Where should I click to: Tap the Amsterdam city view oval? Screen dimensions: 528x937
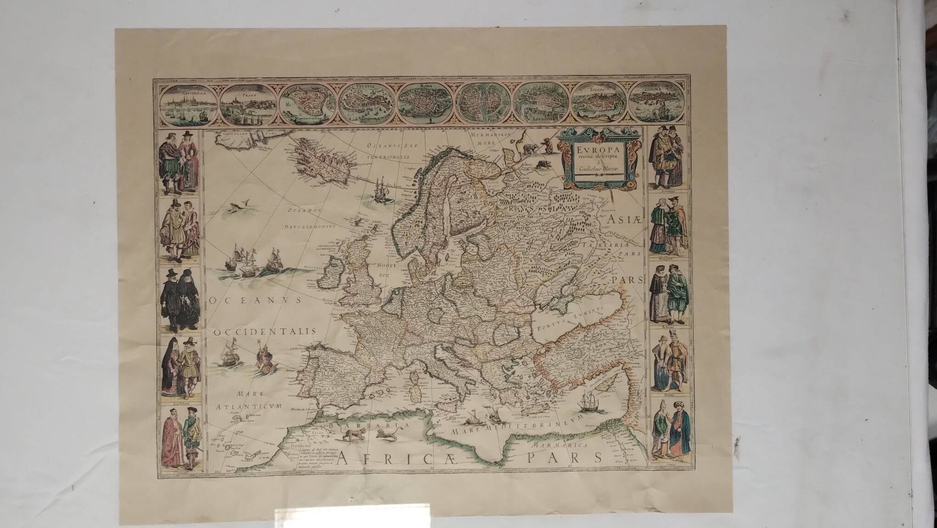click(x=188, y=105)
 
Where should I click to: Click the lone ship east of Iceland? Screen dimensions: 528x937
click(x=379, y=189)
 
